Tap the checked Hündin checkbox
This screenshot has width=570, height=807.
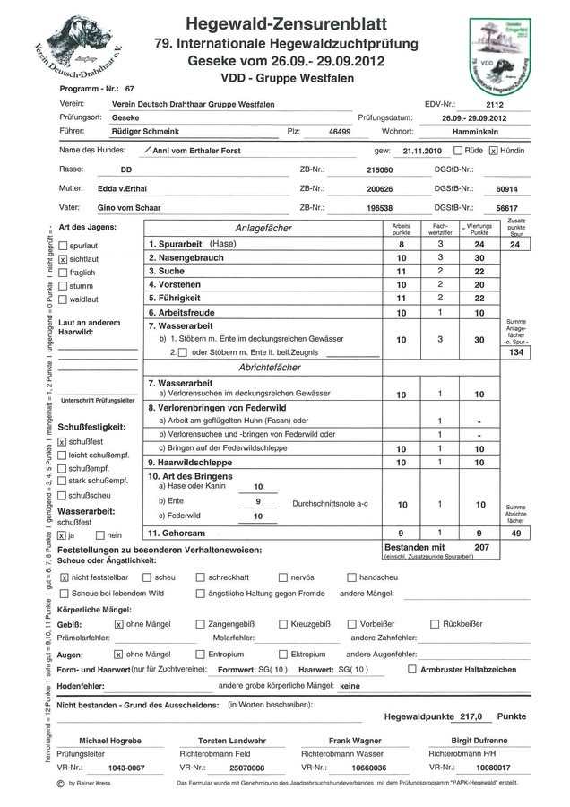(493, 151)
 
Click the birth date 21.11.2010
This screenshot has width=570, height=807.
(422, 151)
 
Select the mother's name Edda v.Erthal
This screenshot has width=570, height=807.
(123, 188)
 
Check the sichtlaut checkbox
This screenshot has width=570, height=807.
(63, 258)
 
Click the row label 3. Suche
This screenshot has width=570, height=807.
(167, 271)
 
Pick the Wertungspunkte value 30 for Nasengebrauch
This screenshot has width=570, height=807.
(479, 257)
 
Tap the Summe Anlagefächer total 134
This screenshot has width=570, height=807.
(515, 353)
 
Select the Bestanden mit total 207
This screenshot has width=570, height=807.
(481, 545)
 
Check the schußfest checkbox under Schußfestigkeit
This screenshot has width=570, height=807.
(61, 441)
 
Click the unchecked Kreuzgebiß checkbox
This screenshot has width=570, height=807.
(283, 623)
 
